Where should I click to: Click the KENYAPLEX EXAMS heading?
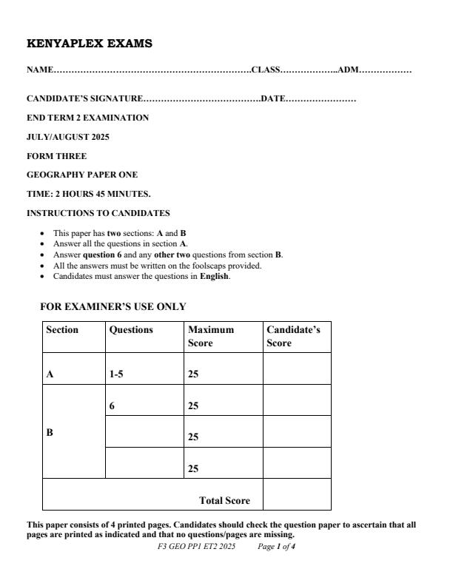point(90,44)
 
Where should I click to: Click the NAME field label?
point(40,70)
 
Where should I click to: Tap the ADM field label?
point(348,70)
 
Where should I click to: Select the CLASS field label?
point(266,70)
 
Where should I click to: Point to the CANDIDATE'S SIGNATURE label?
point(84,98)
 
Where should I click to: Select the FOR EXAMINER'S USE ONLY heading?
point(113,306)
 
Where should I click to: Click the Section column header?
point(62,330)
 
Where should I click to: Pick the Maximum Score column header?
point(211,337)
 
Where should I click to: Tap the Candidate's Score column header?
point(293,337)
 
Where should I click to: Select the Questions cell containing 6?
point(113,405)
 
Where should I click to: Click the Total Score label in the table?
point(224,501)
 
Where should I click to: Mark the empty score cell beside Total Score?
point(297,494)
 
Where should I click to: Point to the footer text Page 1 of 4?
point(277,547)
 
